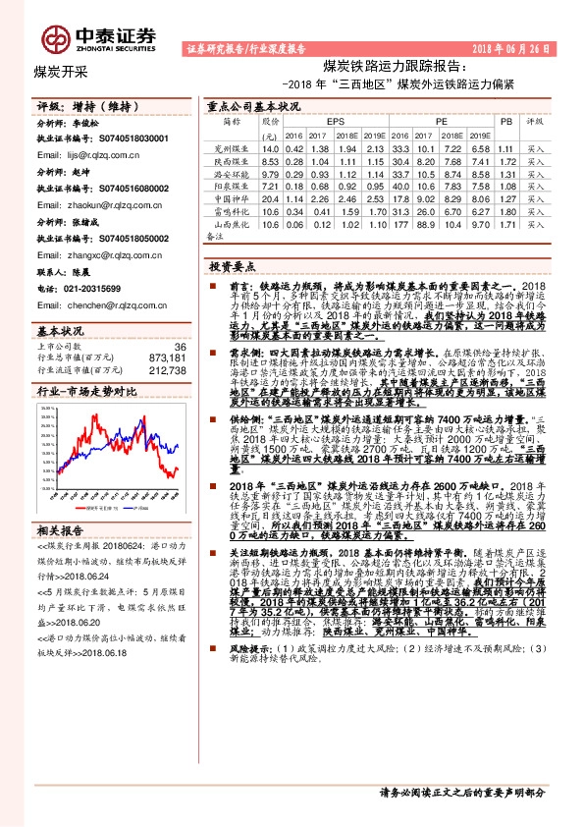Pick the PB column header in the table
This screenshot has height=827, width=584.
click(505, 121)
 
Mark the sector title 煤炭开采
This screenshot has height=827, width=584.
click(61, 72)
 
